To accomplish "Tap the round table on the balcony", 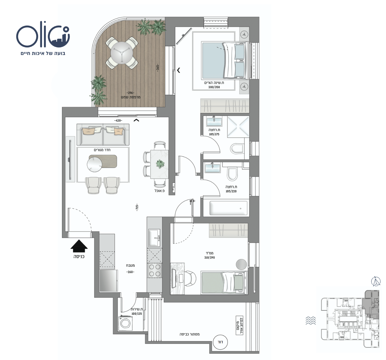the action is tap(122, 53).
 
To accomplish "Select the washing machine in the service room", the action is tap(126, 324).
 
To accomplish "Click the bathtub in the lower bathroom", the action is tap(228, 208).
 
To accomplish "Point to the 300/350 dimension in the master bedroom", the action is tap(214, 87).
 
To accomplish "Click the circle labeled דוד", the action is tap(220, 342).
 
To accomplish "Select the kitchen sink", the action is tap(154, 238).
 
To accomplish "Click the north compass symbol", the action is tap(376, 282).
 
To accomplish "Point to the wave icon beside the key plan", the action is tap(310, 321).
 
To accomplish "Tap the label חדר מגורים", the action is tap(102, 150).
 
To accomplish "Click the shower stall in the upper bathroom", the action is tap(238, 127).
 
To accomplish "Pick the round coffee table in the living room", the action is tap(94, 164).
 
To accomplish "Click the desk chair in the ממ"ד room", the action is tap(190, 278).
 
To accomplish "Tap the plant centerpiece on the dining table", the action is tap(160, 164).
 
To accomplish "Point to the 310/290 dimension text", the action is tap(210, 258).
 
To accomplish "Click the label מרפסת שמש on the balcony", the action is tap(131, 97).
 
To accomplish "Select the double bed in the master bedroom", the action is tap(225, 60).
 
